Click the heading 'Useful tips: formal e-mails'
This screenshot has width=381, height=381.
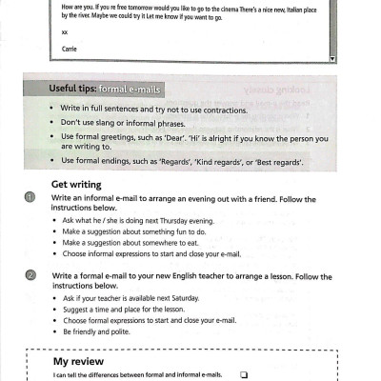(105, 90)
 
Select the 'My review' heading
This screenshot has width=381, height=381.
(80, 363)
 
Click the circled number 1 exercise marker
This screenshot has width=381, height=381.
(31, 197)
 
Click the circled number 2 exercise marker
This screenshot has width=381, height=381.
(31, 275)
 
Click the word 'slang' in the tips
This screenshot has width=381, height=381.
(115, 123)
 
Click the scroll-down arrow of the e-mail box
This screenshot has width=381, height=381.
(332, 57)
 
